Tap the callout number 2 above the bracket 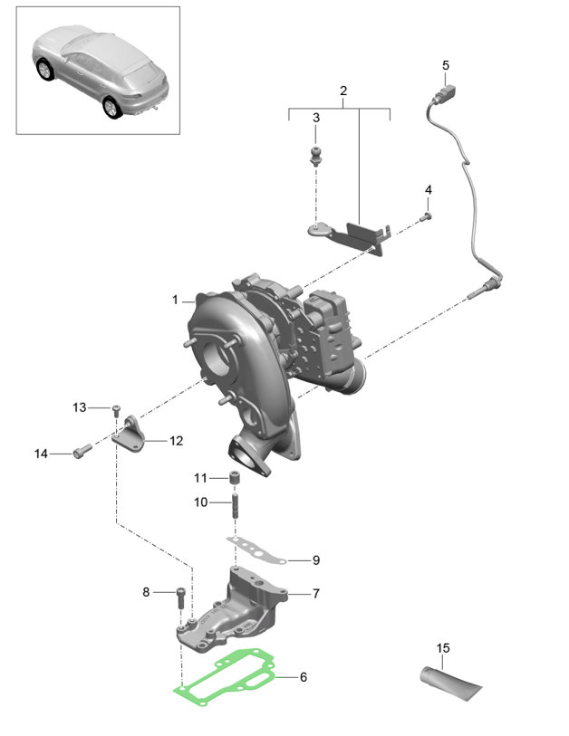click(343, 91)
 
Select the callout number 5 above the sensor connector click(445, 65)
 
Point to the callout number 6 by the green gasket click(304, 677)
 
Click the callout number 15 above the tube click(443, 648)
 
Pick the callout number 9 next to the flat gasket click(315, 560)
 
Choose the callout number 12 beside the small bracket click(176, 441)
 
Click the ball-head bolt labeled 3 click(316, 153)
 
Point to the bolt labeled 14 click(81, 449)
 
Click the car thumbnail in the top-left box click(99, 72)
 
